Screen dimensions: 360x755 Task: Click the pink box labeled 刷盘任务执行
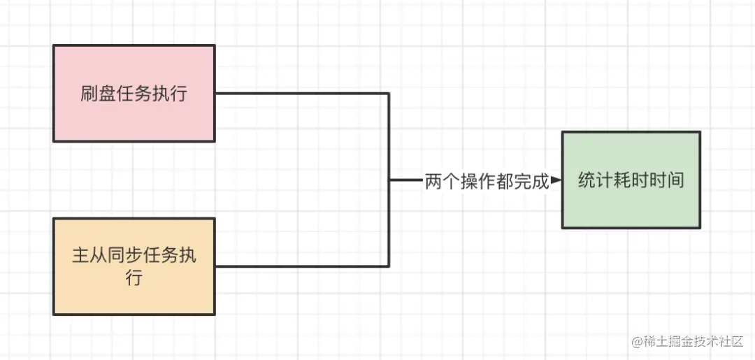point(134,94)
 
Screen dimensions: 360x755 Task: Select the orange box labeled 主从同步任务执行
point(134,266)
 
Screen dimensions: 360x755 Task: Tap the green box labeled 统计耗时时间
point(631,180)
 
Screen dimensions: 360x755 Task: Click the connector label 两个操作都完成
point(487,181)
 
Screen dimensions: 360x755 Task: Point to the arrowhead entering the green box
point(556,180)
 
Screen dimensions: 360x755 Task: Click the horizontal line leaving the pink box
point(301,94)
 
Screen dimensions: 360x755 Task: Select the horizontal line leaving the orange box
point(301,266)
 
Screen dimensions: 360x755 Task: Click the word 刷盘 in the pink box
point(98,94)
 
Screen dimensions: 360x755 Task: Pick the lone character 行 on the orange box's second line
point(134,278)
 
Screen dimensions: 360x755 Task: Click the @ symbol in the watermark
point(638,342)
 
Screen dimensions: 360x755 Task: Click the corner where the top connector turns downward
point(389,94)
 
